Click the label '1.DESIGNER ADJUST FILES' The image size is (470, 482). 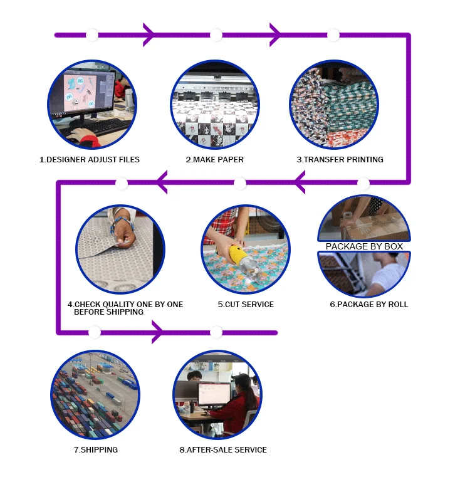(x=89, y=160)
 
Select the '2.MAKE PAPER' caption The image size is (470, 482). (x=214, y=160)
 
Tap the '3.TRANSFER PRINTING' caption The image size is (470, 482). (x=340, y=160)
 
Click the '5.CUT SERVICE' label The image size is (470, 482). (x=246, y=305)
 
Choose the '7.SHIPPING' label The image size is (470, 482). (x=95, y=450)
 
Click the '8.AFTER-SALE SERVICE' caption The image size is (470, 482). (x=222, y=450)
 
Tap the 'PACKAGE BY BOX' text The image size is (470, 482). (x=364, y=246)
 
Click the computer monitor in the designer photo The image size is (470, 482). (x=81, y=94)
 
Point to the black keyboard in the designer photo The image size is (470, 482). (x=100, y=125)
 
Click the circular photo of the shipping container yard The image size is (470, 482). (x=95, y=395)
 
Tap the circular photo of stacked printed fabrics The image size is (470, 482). (x=333, y=103)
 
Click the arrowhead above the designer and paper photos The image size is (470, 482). (x=149, y=34)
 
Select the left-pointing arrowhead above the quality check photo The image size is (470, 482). (x=162, y=183)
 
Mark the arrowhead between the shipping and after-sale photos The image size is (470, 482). (x=157, y=332)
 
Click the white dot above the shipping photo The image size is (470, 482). (x=95, y=332)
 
